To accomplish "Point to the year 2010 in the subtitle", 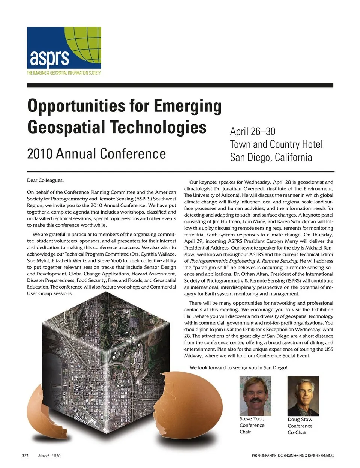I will tap(39, 154).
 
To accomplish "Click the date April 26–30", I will tap(252, 132).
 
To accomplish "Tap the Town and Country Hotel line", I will tap(276, 144).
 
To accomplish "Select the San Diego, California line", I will tap(271, 157).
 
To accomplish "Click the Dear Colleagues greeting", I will tap(45, 181).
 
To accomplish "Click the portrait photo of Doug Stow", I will tap(303, 396).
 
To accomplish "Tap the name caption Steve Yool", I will tap(252, 419).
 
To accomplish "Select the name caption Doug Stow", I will tap(300, 420).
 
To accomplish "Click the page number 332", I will tap(25, 456).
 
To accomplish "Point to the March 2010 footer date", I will tap(49, 456).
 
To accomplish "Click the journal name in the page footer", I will tap(292, 456).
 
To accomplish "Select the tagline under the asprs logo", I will tap(64, 73).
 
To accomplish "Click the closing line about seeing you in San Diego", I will tap(238, 368).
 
